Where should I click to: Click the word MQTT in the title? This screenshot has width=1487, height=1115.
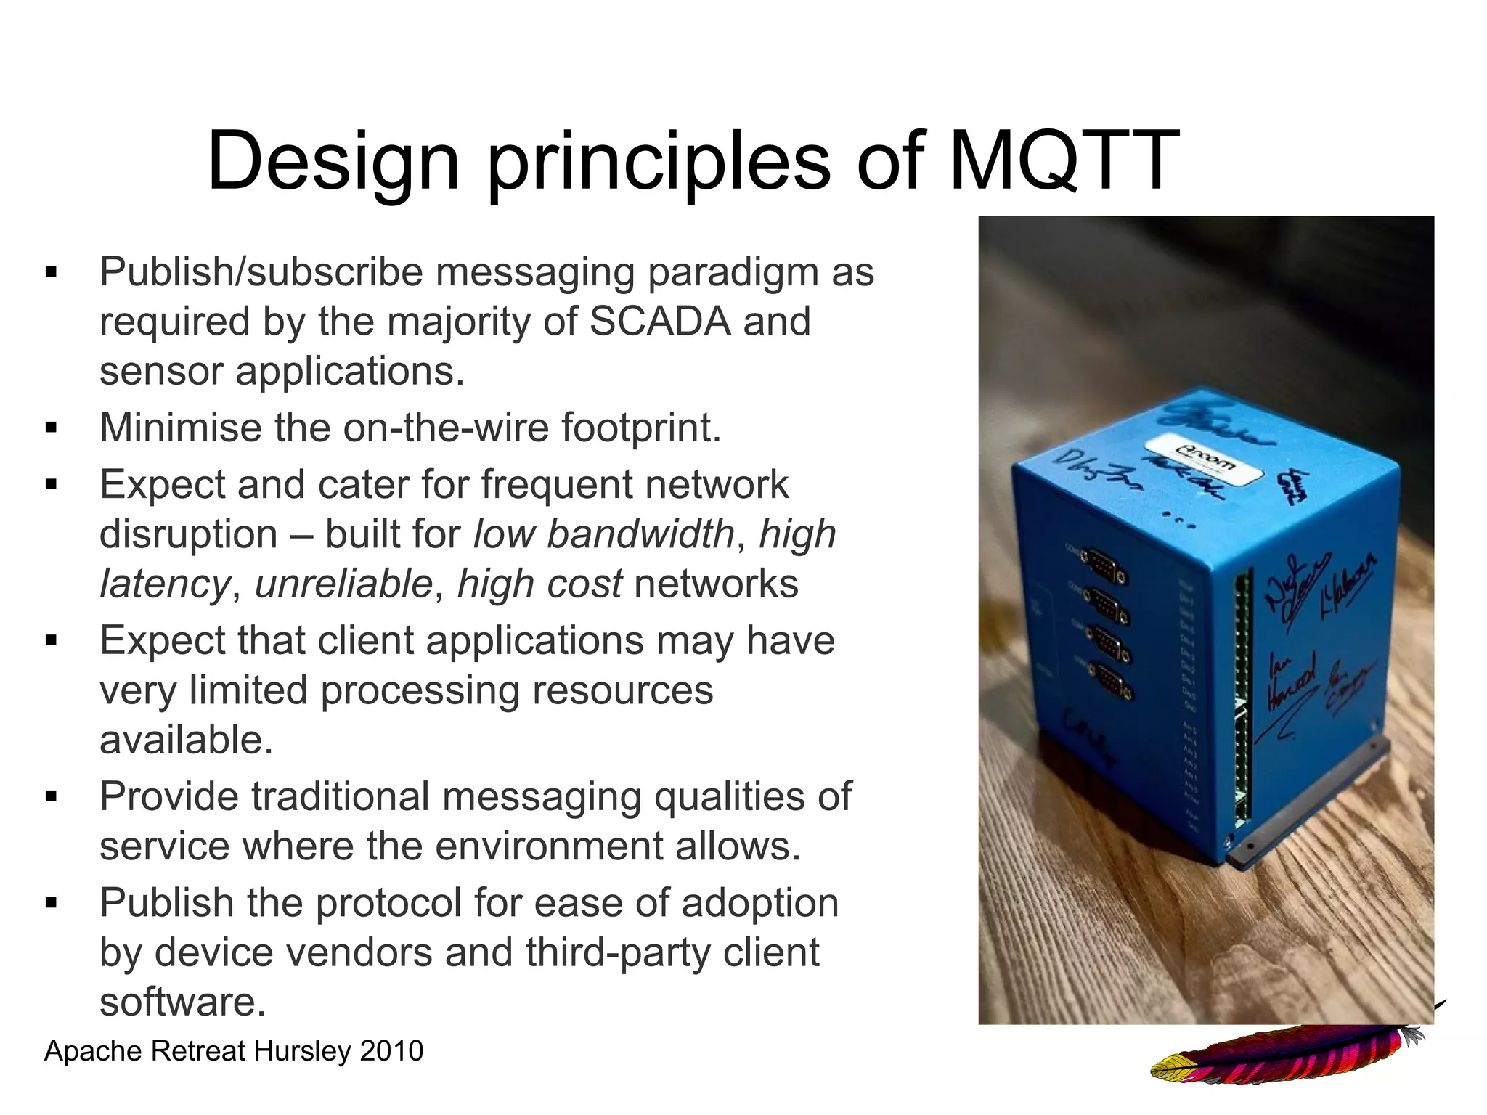coord(1064,161)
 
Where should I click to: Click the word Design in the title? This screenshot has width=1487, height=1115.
coord(333,161)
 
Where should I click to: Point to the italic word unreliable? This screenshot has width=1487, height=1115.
coord(343,584)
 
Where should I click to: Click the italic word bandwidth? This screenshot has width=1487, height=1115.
coord(640,534)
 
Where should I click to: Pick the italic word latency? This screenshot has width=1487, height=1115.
coord(165,584)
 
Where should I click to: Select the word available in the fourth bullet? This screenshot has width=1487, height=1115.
coord(186,740)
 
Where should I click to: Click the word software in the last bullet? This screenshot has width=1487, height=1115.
coord(182,1002)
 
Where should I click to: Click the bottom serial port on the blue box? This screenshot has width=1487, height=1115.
coord(1111,685)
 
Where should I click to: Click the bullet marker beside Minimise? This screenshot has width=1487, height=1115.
coord(51,428)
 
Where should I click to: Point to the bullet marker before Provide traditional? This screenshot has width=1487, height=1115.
coord(51,797)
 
